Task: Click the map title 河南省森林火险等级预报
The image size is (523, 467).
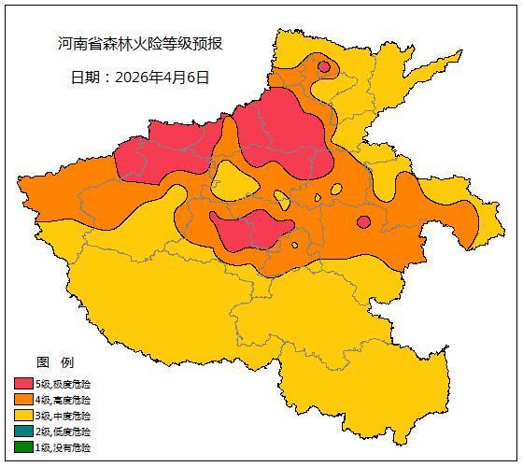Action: pyautogui.click(x=140, y=44)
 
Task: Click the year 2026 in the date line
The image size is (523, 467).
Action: pyautogui.click(x=134, y=78)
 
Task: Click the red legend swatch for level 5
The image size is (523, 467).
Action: pyautogui.click(x=23, y=384)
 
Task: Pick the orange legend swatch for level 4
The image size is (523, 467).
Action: pyautogui.click(x=23, y=400)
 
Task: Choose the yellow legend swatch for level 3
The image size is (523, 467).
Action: pyautogui.click(x=23, y=416)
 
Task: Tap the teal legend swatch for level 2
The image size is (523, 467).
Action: pyautogui.click(x=23, y=432)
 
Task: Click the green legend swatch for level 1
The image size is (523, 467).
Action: pyautogui.click(x=23, y=448)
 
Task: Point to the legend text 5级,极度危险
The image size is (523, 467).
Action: pyautogui.click(x=64, y=384)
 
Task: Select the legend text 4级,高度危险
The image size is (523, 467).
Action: pyautogui.click(x=64, y=400)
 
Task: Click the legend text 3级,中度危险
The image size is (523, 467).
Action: pyautogui.click(x=64, y=416)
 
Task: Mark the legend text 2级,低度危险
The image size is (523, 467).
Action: pyautogui.click(x=64, y=432)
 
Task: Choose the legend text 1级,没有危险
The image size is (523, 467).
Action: pyautogui.click(x=64, y=448)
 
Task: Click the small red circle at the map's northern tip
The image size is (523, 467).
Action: pyautogui.click(x=324, y=66)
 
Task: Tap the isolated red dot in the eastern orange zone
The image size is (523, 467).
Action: pyautogui.click(x=363, y=221)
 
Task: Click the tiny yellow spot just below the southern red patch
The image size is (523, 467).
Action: pyautogui.click(x=294, y=246)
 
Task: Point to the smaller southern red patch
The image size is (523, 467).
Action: pyautogui.click(x=250, y=230)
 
